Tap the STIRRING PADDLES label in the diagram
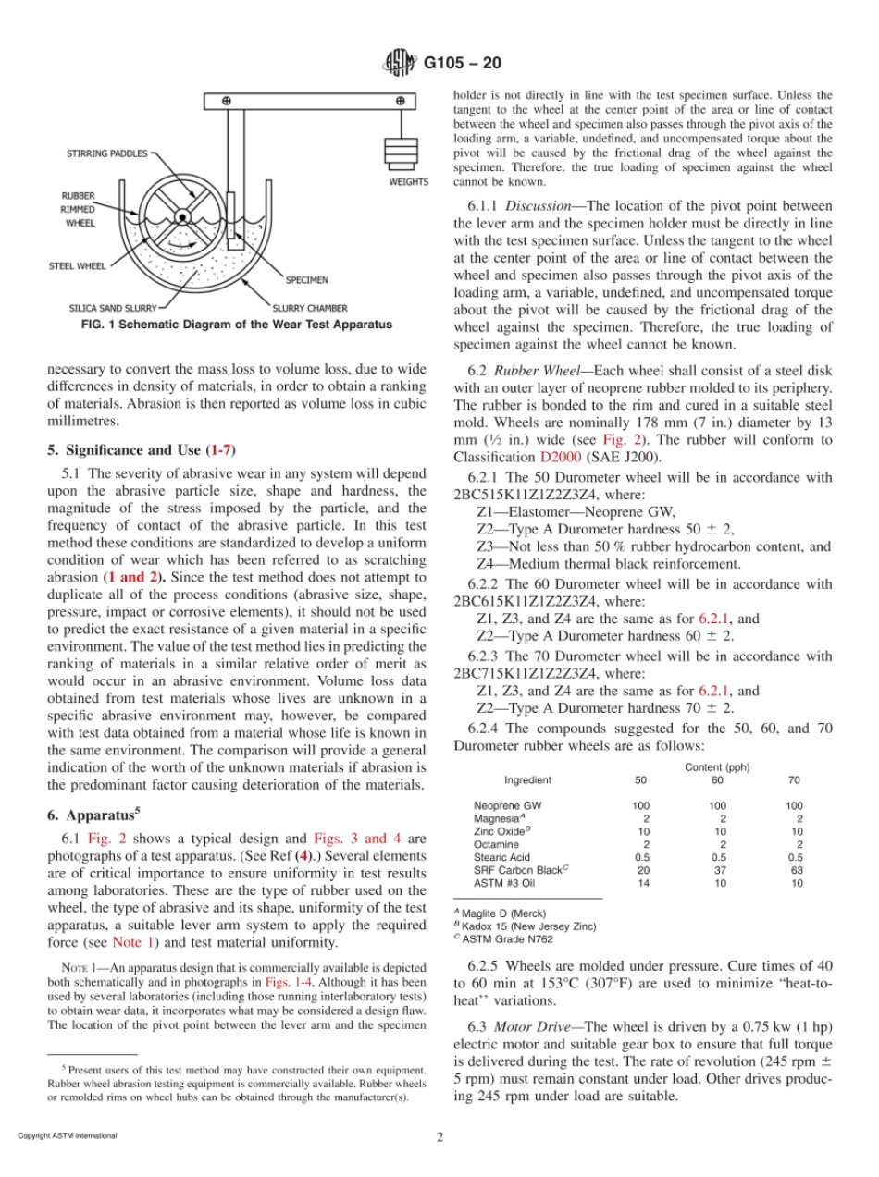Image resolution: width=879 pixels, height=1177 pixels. click(x=106, y=153)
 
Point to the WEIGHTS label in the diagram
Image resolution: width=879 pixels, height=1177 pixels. click(x=408, y=182)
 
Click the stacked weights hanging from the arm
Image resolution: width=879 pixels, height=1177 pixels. click(x=400, y=152)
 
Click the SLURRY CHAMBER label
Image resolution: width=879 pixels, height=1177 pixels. click(x=310, y=307)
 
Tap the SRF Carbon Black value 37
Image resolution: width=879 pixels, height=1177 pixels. click(x=717, y=870)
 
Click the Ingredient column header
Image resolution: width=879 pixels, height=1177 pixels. click(x=526, y=780)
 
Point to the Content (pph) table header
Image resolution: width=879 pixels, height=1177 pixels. click(x=717, y=767)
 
